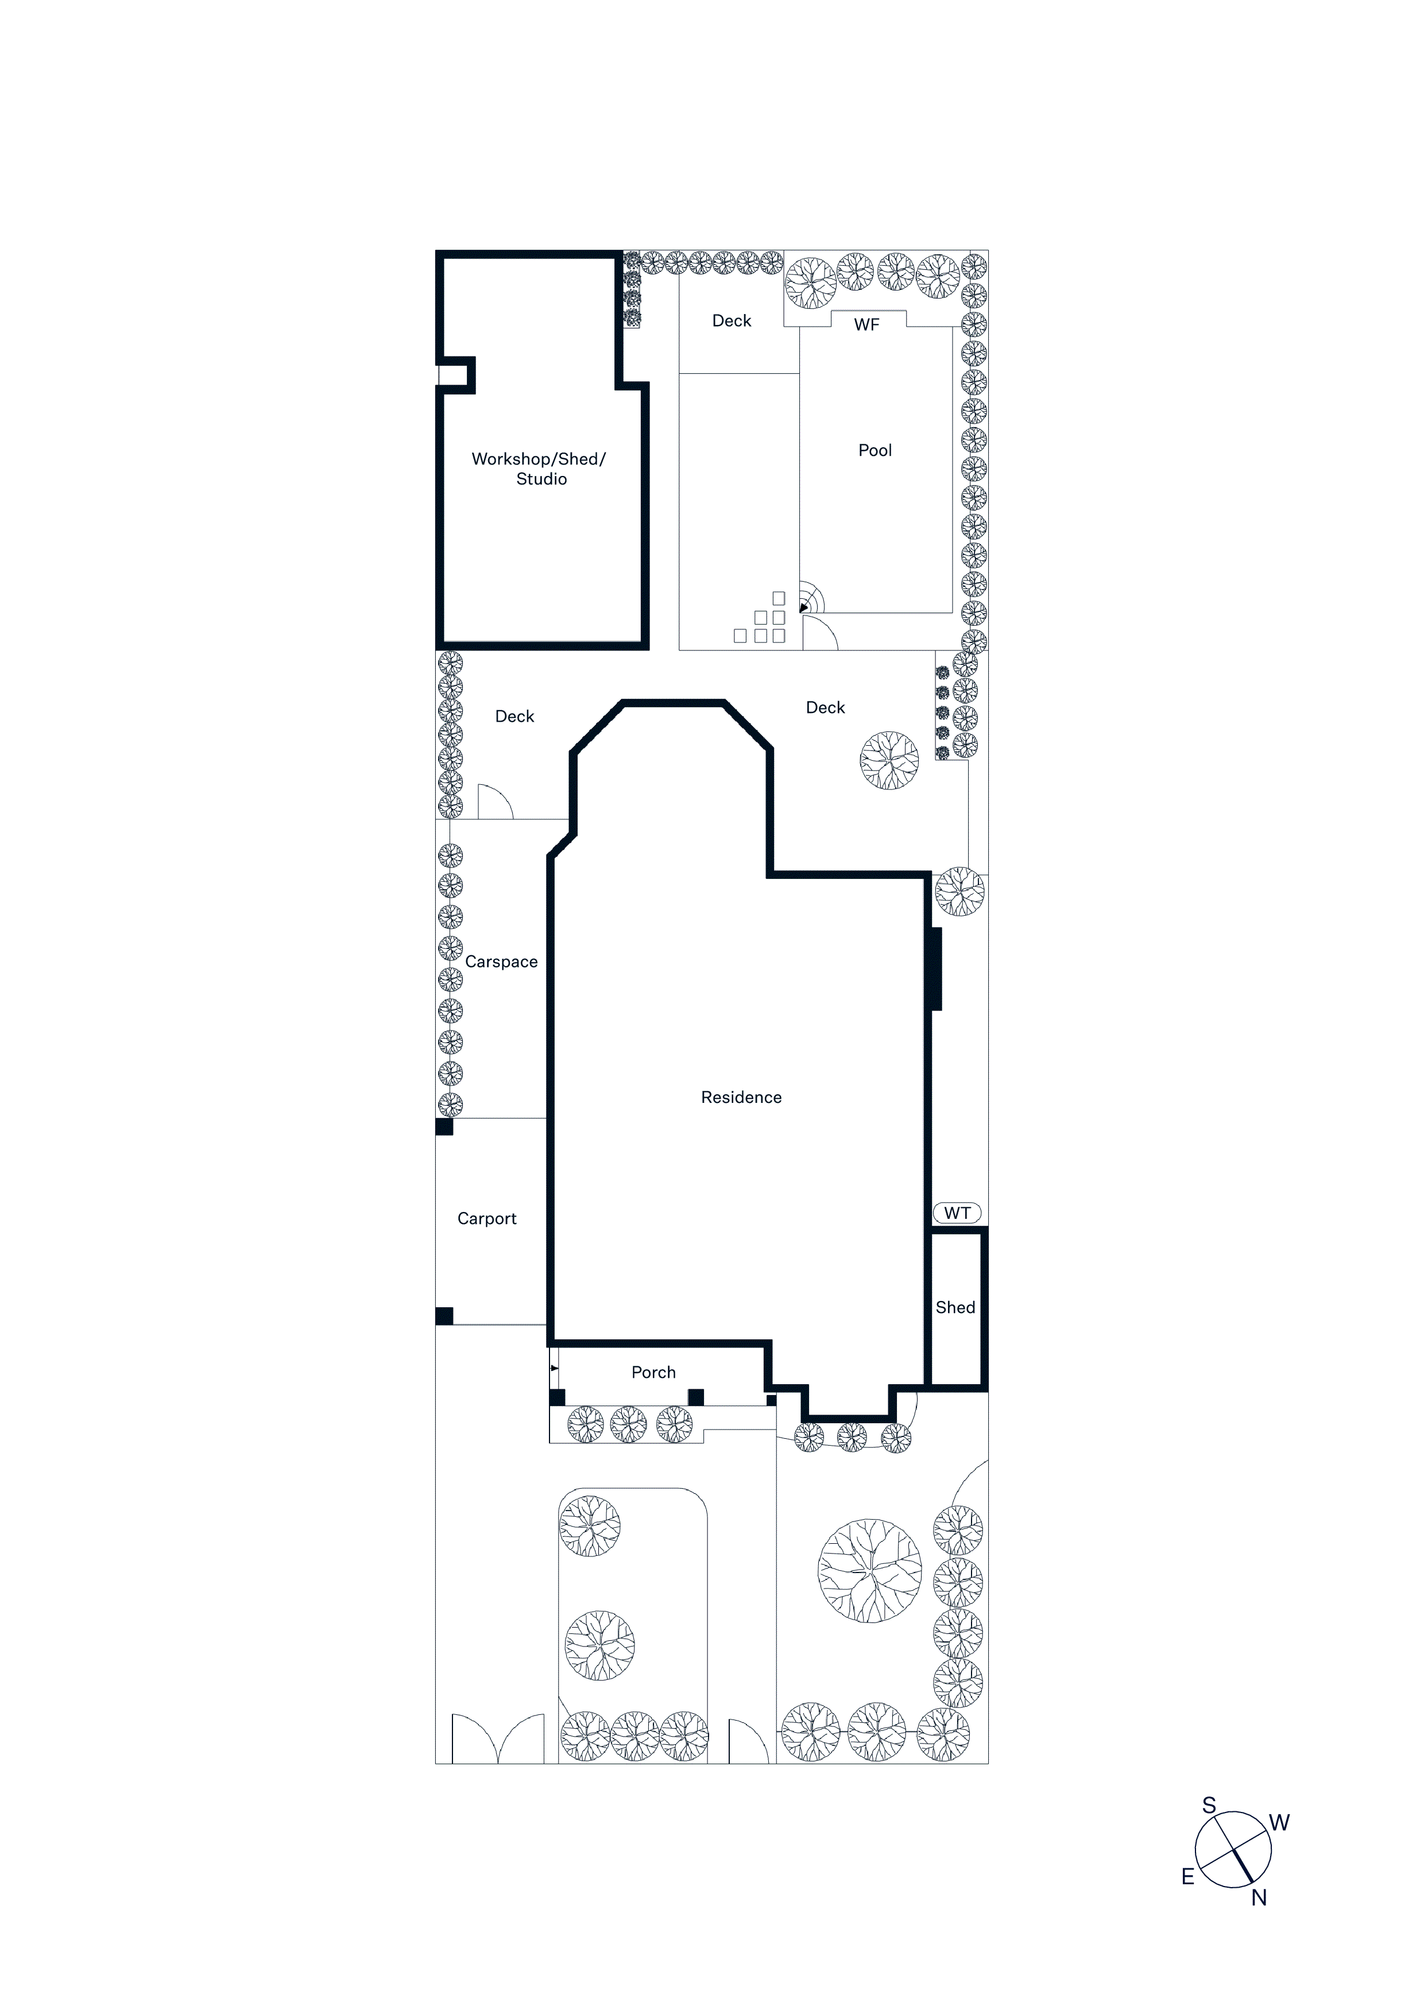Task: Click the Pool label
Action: pyautogui.click(x=874, y=450)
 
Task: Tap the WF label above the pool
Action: pyautogui.click(x=867, y=324)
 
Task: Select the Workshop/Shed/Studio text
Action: pyautogui.click(x=539, y=468)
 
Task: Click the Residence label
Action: pyautogui.click(x=741, y=1097)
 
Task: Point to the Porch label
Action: pyautogui.click(x=653, y=1372)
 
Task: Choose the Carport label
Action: pyautogui.click(x=487, y=1218)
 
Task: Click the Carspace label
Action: pyautogui.click(x=501, y=962)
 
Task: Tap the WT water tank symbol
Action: pyautogui.click(x=957, y=1213)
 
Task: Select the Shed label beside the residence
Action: pyautogui.click(x=955, y=1307)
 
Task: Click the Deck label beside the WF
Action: pyautogui.click(x=732, y=321)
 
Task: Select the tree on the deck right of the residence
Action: pyautogui.click(x=889, y=761)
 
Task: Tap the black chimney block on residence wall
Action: pyautogui.click(x=936, y=969)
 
